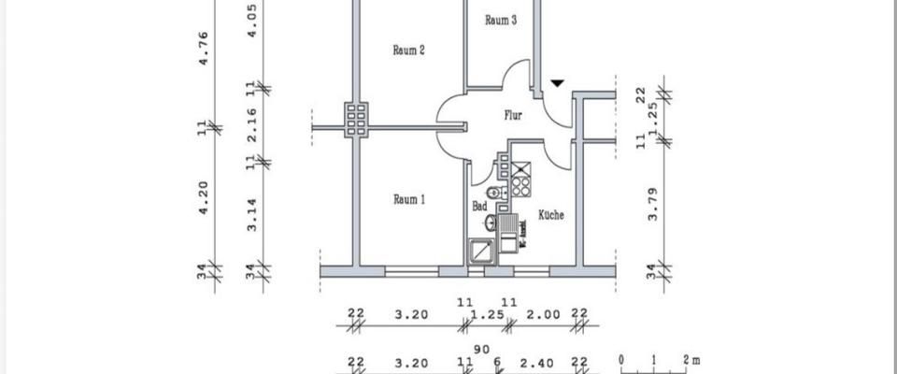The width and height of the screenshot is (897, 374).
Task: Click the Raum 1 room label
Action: (x=408, y=199)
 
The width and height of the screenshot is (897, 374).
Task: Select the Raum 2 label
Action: (x=408, y=50)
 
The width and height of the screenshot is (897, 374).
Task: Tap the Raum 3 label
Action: (x=501, y=21)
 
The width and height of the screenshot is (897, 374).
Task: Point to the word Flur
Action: (x=513, y=117)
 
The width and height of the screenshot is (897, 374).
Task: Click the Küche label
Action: (x=550, y=215)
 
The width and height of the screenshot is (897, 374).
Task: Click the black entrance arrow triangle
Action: (x=557, y=83)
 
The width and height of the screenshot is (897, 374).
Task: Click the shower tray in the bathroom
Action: (x=482, y=252)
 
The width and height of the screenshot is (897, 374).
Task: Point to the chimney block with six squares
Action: (x=356, y=119)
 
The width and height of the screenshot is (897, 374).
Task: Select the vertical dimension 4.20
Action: (x=204, y=197)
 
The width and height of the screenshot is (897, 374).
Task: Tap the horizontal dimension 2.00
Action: (x=544, y=315)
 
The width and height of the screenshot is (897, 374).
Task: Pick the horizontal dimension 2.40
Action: (x=543, y=362)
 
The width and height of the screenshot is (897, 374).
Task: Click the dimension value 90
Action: (x=482, y=349)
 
